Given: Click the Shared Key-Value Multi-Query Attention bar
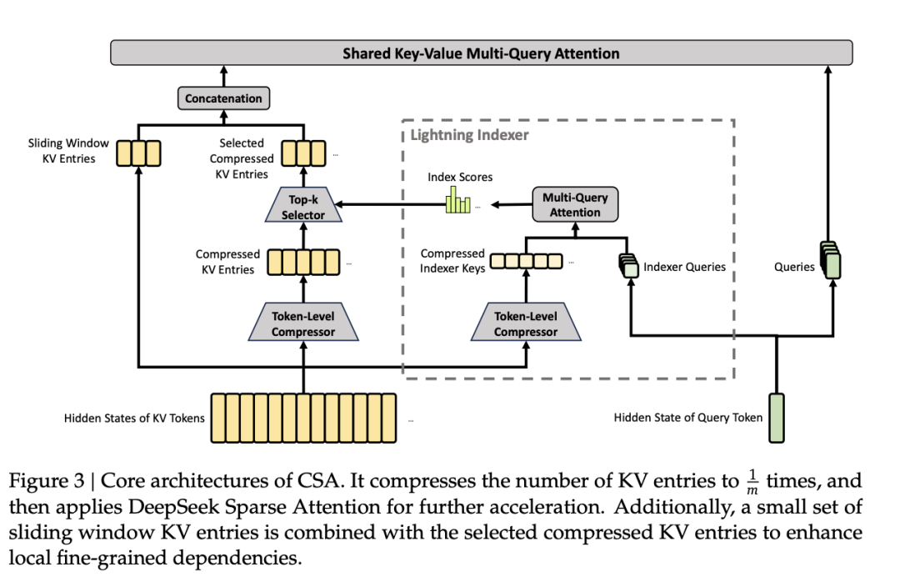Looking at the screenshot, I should point(481,53).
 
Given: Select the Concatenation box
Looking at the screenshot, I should point(223,98).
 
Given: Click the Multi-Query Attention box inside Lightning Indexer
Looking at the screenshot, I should point(575,204).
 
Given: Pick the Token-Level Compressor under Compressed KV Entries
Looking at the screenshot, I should point(302,324).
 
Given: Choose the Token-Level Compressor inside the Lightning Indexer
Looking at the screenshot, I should point(525,324).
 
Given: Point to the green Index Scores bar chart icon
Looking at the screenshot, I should point(457,201).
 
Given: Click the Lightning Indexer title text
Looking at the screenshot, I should point(470,135).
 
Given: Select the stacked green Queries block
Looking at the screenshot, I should point(830,261).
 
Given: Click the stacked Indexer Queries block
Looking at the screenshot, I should point(627,265).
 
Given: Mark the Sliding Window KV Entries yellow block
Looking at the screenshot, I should point(138,153).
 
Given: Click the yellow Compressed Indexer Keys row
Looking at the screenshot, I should point(525,261).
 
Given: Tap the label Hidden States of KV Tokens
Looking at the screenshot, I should point(133,418).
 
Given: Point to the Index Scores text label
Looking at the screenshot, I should point(460,177).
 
